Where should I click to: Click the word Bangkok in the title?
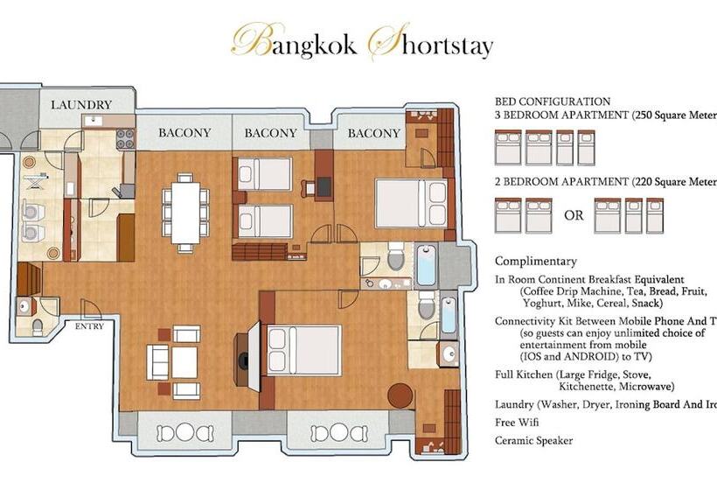pyautogui.click(x=293, y=44)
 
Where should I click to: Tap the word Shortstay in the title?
pyautogui.click(x=430, y=44)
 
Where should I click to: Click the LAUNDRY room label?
pyautogui.click(x=80, y=105)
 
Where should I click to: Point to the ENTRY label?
pyautogui.click(x=89, y=326)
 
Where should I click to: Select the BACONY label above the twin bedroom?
pyautogui.click(x=270, y=133)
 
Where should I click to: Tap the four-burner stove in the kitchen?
pyautogui.click(x=125, y=138)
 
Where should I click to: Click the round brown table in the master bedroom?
pyautogui.click(x=400, y=395)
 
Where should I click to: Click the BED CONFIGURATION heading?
pyautogui.click(x=553, y=101)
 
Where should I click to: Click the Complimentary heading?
pyautogui.click(x=536, y=261)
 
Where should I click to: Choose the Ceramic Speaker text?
pyautogui.click(x=533, y=440)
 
